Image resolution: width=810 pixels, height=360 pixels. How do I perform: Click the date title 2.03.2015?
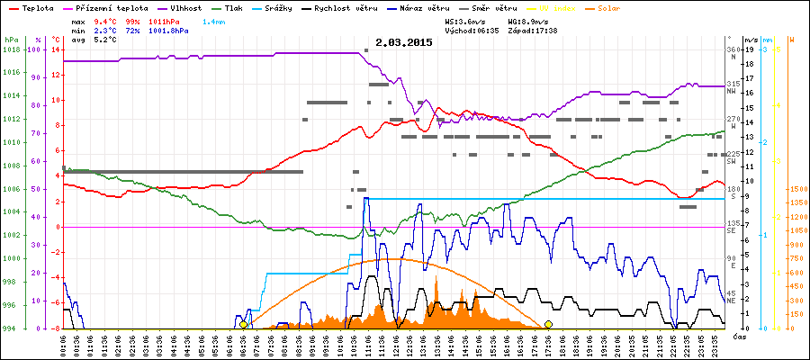tap(404, 42)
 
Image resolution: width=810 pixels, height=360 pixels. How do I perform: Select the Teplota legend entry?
tap(35, 7)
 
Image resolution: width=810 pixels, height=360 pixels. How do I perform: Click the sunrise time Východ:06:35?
tap(472, 30)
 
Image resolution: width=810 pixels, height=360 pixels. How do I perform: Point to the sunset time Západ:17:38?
tap(533, 30)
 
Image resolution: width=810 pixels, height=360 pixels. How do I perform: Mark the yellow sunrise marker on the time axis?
tap(243, 324)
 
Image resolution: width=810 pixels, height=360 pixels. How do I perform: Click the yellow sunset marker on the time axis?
tap(548, 324)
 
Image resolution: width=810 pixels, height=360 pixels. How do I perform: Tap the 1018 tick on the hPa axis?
tap(11, 49)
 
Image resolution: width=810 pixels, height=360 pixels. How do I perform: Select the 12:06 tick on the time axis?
tap(397, 344)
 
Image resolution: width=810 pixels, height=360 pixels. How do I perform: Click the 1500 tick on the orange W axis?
tap(796, 189)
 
